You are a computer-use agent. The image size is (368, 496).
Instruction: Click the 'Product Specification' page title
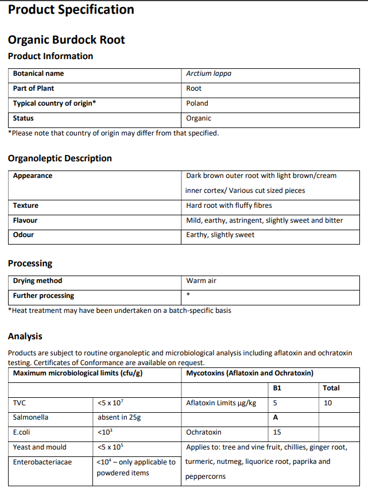[71, 10]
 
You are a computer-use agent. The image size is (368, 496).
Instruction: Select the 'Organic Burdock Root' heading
[66, 40]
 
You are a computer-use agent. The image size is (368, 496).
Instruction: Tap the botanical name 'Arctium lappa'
[208, 73]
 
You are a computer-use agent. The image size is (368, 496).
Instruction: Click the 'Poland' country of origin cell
[197, 103]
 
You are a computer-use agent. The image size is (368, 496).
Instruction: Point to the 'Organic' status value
[199, 118]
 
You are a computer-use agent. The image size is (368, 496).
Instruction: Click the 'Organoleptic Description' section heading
[60, 158]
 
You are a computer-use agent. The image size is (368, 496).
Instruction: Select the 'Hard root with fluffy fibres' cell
[229, 206]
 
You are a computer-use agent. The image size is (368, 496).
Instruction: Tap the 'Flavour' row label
[25, 220]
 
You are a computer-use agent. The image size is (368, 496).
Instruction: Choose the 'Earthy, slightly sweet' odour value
[220, 235]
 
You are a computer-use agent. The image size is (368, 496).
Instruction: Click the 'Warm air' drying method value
[201, 281]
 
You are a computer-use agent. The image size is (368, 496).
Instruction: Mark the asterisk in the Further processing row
[188, 296]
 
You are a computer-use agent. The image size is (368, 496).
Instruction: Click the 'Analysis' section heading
[25, 336]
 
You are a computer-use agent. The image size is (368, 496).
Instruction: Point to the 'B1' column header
[277, 388]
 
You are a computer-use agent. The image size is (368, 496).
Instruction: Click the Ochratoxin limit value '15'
[277, 432]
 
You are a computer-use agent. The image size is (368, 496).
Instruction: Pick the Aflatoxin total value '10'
[327, 403]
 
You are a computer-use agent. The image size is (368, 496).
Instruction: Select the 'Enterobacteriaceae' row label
[42, 462]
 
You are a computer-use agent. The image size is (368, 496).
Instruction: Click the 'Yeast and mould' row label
[40, 447]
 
